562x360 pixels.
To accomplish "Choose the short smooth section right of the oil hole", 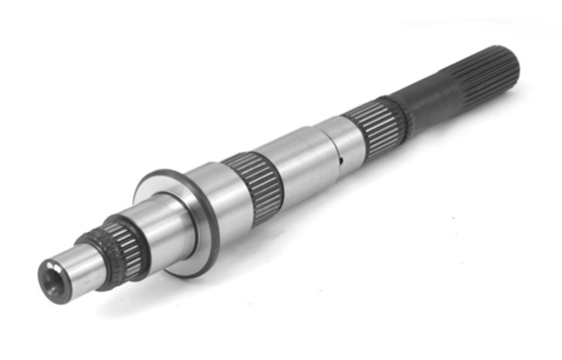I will (x=349, y=137).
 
